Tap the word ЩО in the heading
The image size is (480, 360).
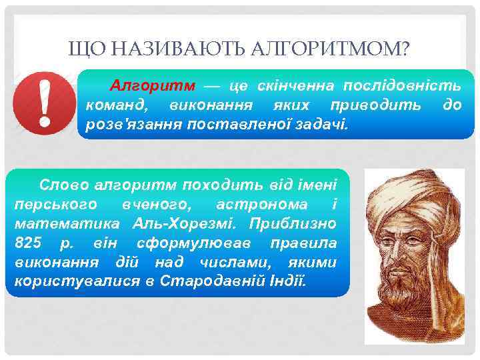(x=83, y=49)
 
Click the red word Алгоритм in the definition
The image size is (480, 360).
(x=153, y=86)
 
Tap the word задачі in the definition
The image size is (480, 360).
(x=323, y=124)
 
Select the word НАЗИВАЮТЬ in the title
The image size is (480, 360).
(x=175, y=49)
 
